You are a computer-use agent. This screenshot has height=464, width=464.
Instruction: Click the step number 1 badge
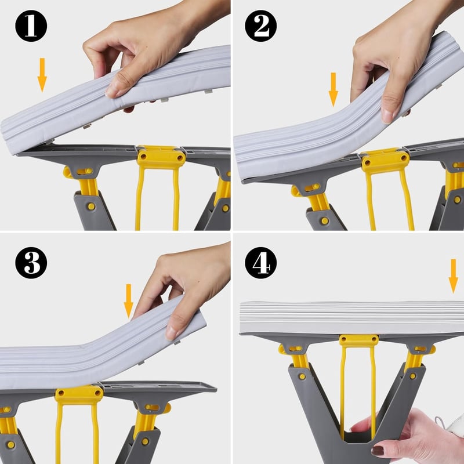pyautogui.click(x=31, y=26)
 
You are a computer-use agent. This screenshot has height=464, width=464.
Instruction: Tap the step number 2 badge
pyautogui.click(x=260, y=26)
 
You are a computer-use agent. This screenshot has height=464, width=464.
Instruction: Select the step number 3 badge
pyautogui.click(x=31, y=263)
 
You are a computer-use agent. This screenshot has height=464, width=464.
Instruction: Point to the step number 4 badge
pyautogui.click(x=260, y=263)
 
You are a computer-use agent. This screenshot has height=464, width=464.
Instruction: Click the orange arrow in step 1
pyautogui.click(x=42, y=75)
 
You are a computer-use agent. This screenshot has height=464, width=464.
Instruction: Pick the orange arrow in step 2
pyautogui.click(x=333, y=89)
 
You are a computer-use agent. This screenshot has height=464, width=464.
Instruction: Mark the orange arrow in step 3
pyautogui.click(x=128, y=301)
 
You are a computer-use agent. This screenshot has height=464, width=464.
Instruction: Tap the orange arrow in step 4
pyautogui.click(x=454, y=276)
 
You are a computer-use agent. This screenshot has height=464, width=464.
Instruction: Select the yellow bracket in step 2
pyautogui.click(x=386, y=161)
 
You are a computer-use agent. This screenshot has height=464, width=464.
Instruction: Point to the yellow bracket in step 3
pyautogui.click(x=79, y=396)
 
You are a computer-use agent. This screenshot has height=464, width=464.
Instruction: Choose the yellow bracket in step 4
pyautogui.click(x=358, y=340)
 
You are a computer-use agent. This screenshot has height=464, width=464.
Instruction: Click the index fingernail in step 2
pyautogui.click(x=387, y=115)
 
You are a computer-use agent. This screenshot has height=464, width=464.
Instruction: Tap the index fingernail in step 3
pyautogui.click(x=171, y=332)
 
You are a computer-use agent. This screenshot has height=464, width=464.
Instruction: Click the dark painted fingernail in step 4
pyautogui.click(x=378, y=451)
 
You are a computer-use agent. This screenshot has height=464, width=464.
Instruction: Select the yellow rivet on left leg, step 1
pyautogui.click(x=92, y=206)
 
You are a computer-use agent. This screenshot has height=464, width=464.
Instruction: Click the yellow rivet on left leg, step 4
pyautogui.click(x=302, y=376)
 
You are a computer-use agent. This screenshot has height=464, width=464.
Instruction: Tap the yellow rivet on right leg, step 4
pyautogui.click(x=412, y=376)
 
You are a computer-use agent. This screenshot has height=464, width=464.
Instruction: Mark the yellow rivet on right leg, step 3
pyautogui.click(x=145, y=441)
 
